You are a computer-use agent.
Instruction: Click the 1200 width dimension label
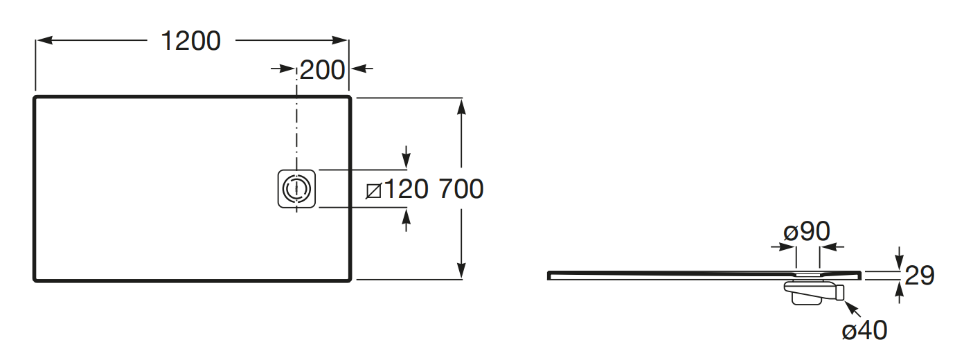click(x=190, y=42)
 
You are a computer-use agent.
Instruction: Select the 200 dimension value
click(x=322, y=69)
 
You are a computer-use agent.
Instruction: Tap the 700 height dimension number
click(x=461, y=189)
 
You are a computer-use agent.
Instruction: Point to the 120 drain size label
click(x=407, y=189)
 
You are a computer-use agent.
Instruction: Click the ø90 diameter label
click(x=807, y=232)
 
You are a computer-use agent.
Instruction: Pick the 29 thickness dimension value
click(x=920, y=276)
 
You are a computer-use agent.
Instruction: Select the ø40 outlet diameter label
click(x=864, y=331)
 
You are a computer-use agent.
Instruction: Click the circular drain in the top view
click(x=297, y=188)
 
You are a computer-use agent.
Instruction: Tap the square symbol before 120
click(x=374, y=189)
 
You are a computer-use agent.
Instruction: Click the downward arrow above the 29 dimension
click(x=899, y=263)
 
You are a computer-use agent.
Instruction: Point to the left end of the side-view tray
click(x=550, y=275)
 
